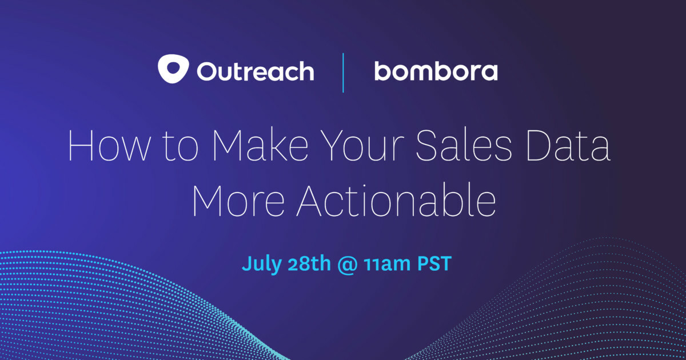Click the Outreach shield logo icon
(173, 70)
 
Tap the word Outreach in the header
(255, 71)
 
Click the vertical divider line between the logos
(343, 72)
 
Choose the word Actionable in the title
(395, 201)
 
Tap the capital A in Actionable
(311, 201)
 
